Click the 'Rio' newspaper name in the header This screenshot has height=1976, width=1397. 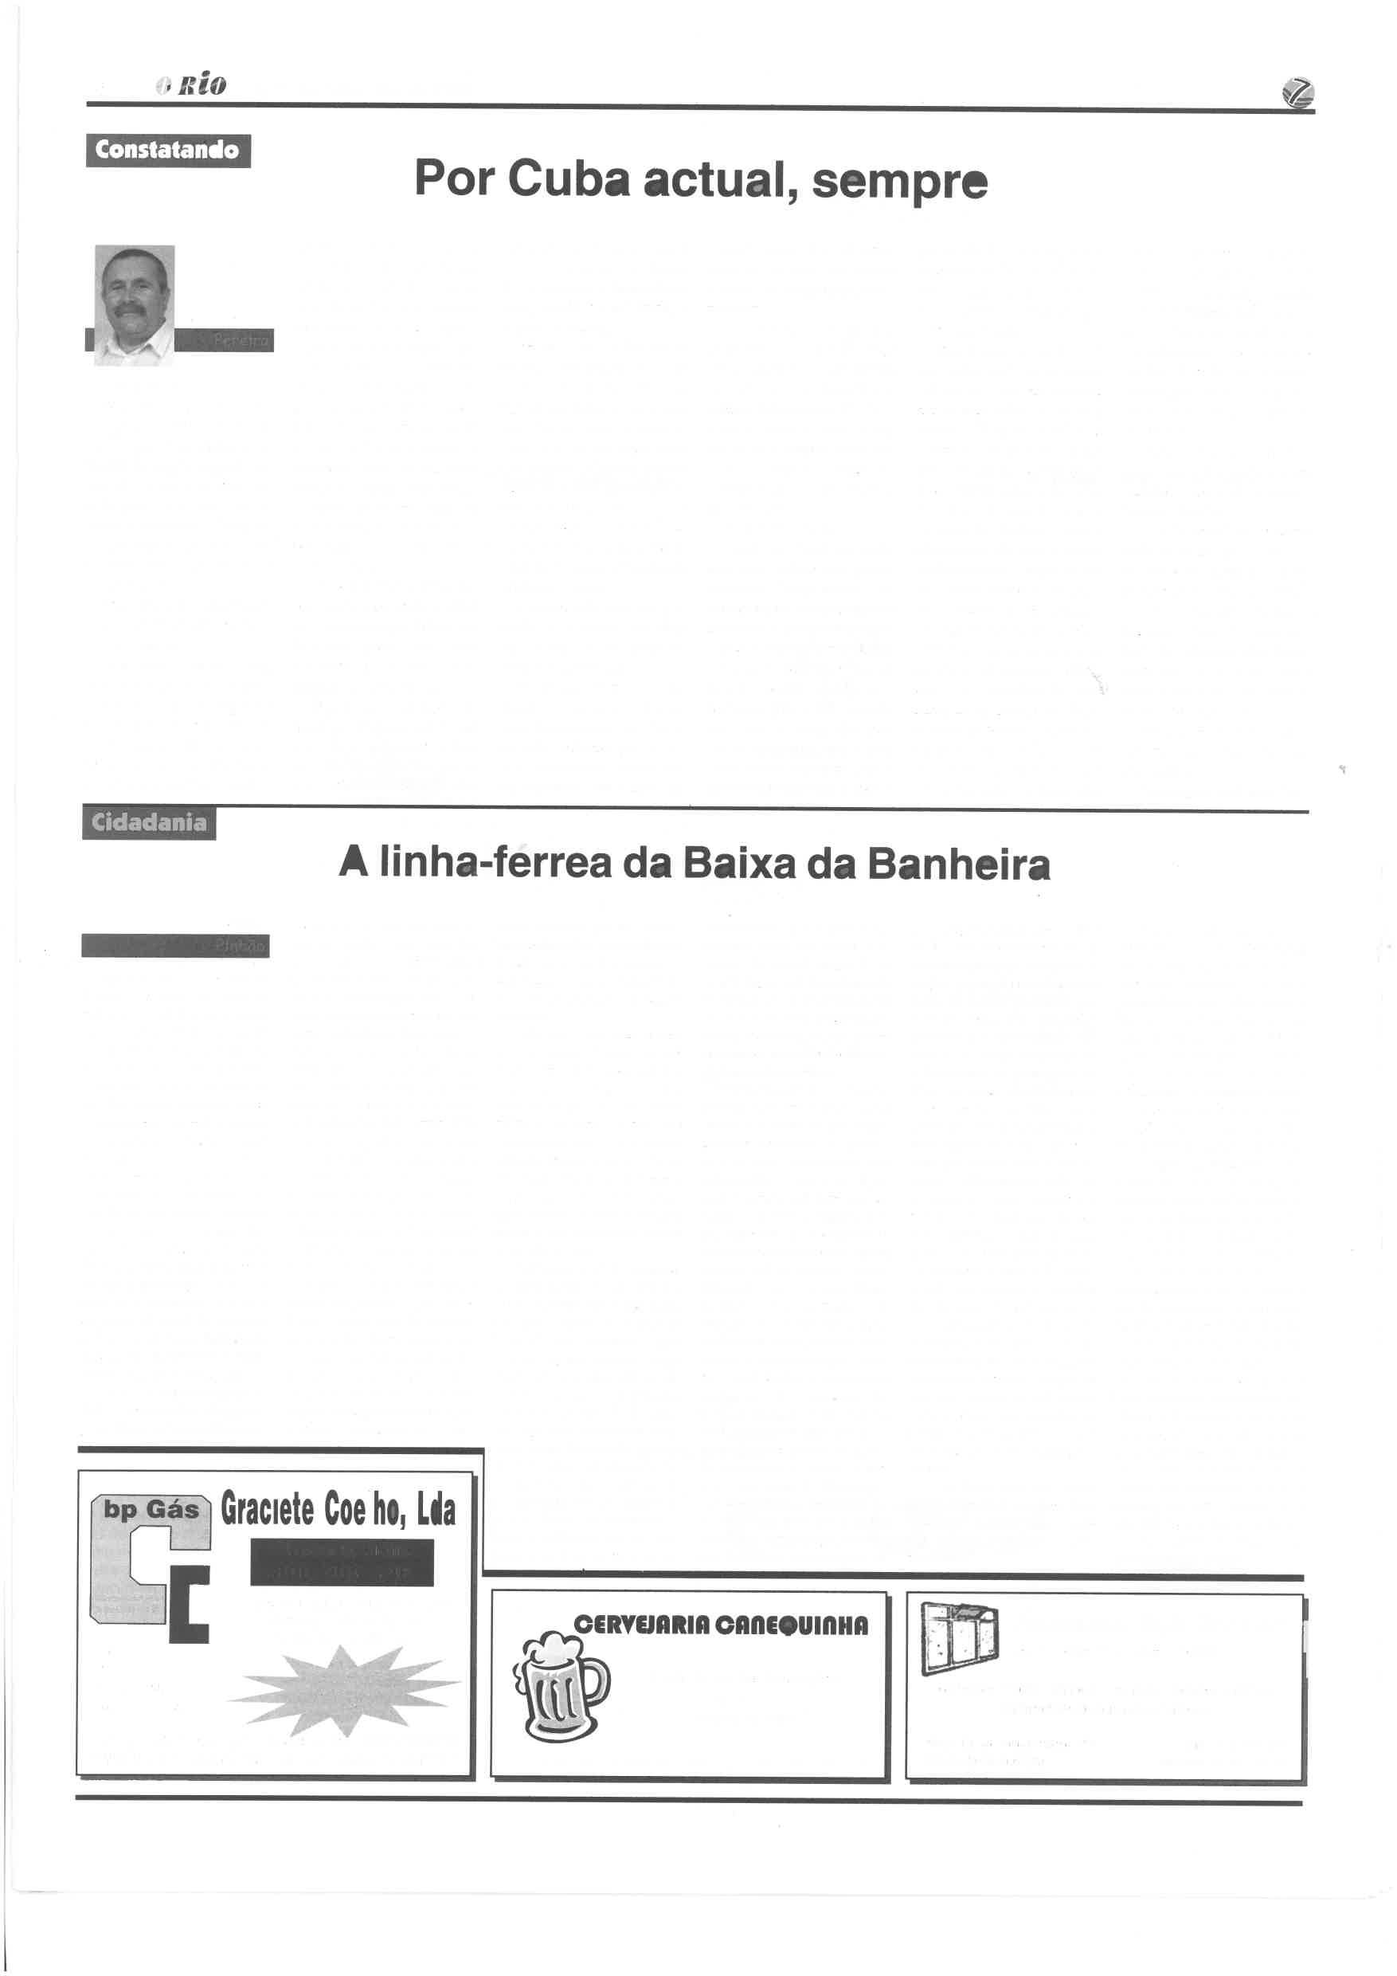click(x=202, y=84)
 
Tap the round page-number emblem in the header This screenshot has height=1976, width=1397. click(x=1297, y=93)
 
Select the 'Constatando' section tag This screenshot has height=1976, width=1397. click(x=168, y=151)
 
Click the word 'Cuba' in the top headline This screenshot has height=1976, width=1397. click(x=568, y=179)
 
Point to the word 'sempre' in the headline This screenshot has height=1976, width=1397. click(x=900, y=181)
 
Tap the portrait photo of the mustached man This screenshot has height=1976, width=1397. click(x=134, y=304)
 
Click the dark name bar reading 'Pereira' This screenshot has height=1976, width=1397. click(x=225, y=341)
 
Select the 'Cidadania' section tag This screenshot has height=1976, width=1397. click(x=149, y=823)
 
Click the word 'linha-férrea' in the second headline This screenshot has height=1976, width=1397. click(x=495, y=863)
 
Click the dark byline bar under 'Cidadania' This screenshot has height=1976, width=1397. click(x=175, y=946)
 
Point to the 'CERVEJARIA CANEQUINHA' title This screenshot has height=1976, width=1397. click(x=721, y=1625)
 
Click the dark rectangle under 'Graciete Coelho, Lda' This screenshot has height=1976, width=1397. click(x=342, y=1562)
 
